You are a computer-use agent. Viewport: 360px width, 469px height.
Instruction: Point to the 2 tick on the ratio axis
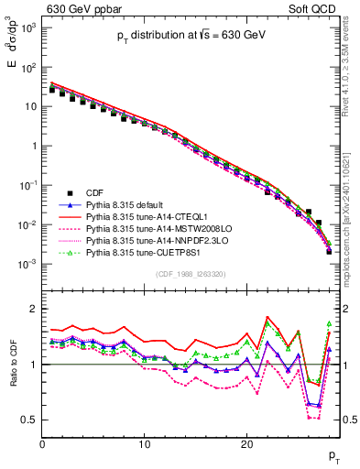click(x=33, y=309)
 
